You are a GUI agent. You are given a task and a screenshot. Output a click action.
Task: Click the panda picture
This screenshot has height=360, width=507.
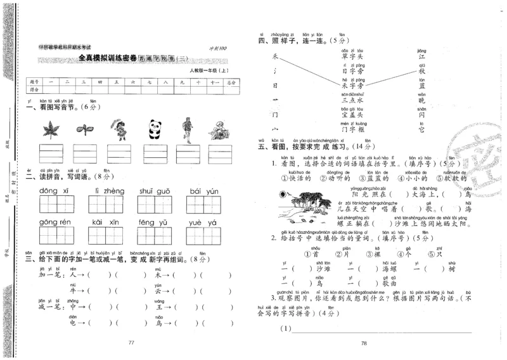coord(153,129)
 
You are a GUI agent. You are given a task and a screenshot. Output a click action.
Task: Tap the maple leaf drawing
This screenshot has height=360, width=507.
coord(49,130)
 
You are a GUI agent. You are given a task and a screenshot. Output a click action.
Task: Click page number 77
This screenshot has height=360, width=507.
coord(132,343)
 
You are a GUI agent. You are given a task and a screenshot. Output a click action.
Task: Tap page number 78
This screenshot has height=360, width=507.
coord(364,343)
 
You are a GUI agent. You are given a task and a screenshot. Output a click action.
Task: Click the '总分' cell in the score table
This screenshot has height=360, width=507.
coord(233,82)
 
